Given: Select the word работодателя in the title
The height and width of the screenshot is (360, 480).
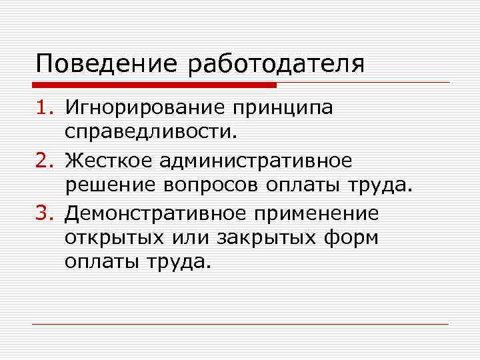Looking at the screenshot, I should (x=277, y=64).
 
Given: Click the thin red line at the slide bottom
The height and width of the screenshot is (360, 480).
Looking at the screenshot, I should (x=240, y=324).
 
